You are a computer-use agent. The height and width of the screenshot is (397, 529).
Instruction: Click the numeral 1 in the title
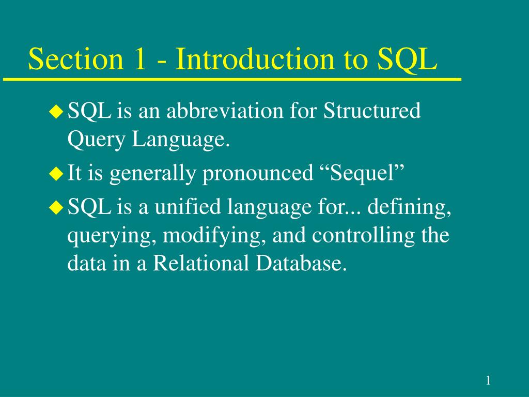(x=139, y=59)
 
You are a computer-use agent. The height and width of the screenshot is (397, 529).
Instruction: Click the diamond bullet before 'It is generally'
(x=55, y=174)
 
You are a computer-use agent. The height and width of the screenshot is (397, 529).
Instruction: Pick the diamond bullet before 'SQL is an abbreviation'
(x=55, y=111)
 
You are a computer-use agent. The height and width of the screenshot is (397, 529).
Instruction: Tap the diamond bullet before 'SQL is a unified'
(x=55, y=208)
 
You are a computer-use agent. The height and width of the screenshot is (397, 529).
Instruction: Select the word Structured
(x=372, y=111)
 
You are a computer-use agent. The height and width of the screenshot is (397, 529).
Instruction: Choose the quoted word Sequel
(x=360, y=174)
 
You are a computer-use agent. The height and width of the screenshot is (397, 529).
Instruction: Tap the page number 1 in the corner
(x=488, y=381)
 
